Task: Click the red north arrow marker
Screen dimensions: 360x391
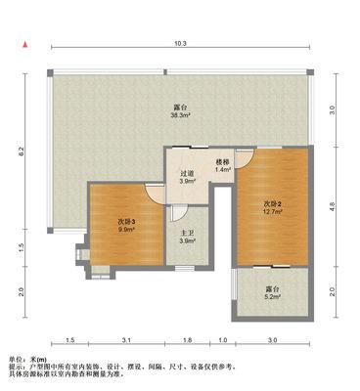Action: pos(24,45)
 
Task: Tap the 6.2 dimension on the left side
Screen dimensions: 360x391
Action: pos(21,152)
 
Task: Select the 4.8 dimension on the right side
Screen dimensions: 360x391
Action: pos(333,206)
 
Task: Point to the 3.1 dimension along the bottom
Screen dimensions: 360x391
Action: pos(126,340)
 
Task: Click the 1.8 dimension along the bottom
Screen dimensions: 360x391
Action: pos(187,340)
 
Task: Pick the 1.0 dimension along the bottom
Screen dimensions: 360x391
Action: pos(223,340)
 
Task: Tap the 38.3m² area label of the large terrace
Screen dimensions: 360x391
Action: pos(180,115)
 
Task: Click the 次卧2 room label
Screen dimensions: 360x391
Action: pos(273,204)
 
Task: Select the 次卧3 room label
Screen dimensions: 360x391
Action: pos(126,222)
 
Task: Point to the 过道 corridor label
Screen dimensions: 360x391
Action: pos(187,174)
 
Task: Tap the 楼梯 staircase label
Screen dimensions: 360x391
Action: pos(223,162)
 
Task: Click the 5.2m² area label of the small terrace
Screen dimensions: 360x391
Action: pos(273,297)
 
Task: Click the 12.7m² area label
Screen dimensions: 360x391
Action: pos(273,211)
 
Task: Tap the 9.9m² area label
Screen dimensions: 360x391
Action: pos(126,229)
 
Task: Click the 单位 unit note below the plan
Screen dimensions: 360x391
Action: pos(28,360)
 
